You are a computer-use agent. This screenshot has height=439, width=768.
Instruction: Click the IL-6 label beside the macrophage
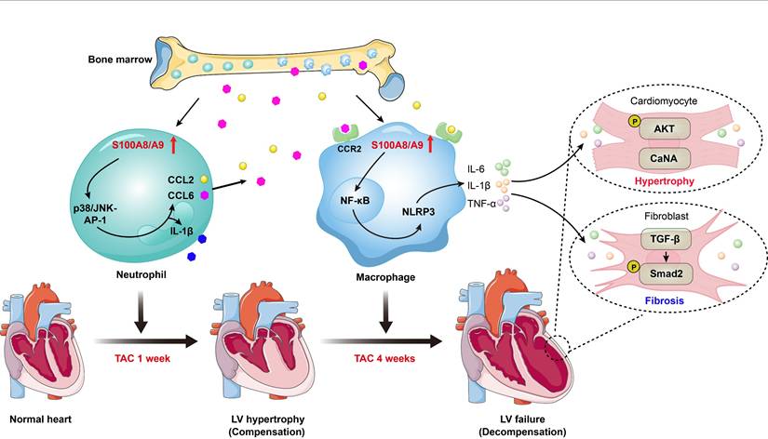pos(477,169)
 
